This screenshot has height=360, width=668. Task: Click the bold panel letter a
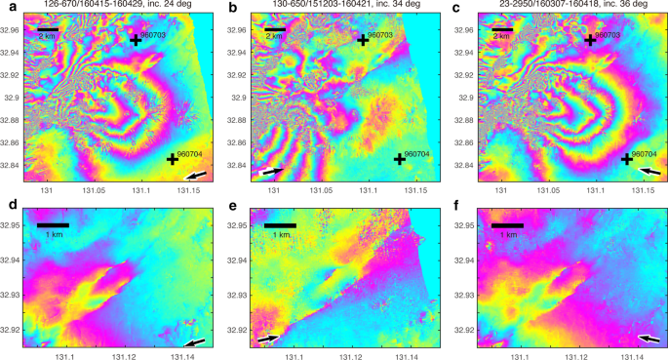pyautogui.click(x=9, y=7)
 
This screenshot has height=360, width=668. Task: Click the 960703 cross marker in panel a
pyautogui.click(x=136, y=40)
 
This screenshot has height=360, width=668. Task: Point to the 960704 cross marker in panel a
pyautogui.click(x=173, y=159)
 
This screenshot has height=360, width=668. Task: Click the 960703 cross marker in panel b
pyautogui.click(x=363, y=40)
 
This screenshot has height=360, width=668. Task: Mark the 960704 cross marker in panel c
pyautogui.click(x=626, y=159)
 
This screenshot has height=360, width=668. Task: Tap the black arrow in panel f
pyautogui.click(x=648, y=339)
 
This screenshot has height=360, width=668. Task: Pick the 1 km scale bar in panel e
pyautogui.click(x=280, y=226)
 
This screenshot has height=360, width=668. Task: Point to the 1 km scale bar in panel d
pyautogui.click(x=53, y=226)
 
